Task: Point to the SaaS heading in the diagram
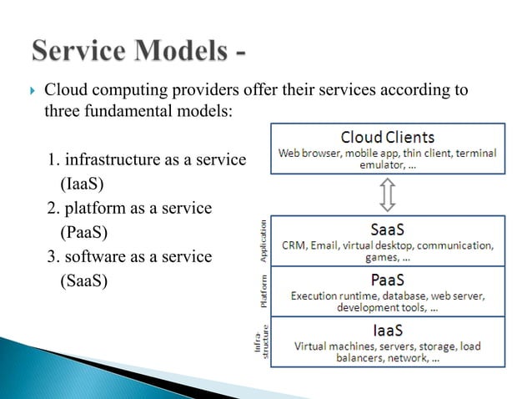(387, 228)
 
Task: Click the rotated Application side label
(263, 241)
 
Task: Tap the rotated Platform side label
(263, 290)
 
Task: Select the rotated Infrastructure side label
(261, 343)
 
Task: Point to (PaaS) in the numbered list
(84, 231)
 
